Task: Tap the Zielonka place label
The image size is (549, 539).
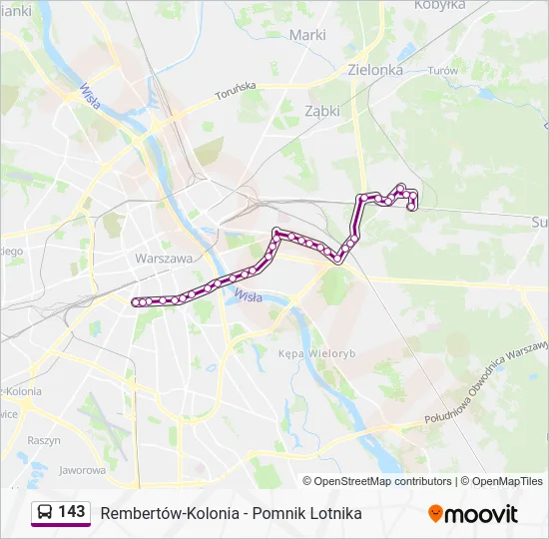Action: [375, 70]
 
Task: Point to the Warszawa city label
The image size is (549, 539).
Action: [163, 258]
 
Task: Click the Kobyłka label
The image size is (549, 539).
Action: [439, 5]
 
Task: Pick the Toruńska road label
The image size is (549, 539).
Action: [236, 93]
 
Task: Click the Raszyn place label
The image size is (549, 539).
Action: [43, 440]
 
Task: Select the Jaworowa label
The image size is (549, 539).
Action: [83, 469]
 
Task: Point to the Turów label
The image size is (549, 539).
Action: [441, 71]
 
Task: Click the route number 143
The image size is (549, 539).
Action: [71, 512]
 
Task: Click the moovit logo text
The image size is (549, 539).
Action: [481, 514]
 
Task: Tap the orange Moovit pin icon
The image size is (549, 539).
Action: [435, 514]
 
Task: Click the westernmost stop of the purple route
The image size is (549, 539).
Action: [137, 300]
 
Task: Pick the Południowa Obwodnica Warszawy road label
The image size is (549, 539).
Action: [486, 381]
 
